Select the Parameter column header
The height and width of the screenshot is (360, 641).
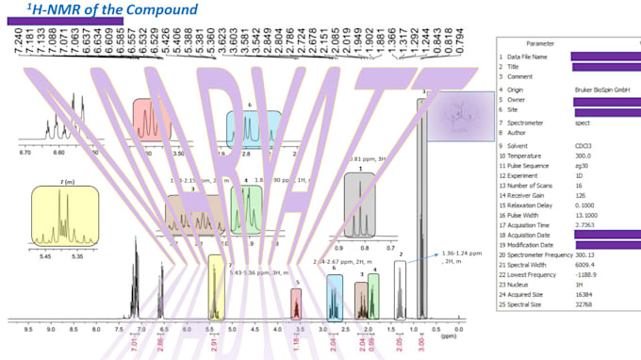point(540,44)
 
